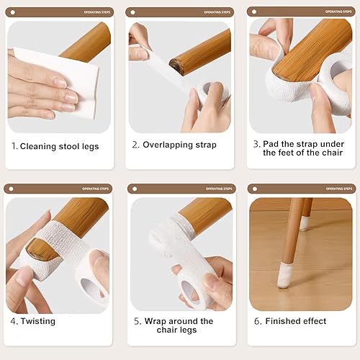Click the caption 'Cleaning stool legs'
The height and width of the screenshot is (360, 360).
[59, 146]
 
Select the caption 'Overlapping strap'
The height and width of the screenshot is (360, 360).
[179, 145]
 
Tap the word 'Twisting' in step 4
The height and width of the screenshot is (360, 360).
[37, 321]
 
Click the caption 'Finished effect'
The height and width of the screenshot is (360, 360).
[295, 321]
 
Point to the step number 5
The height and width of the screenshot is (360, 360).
[137, 321]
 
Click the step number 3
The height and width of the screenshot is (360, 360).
[256, 143]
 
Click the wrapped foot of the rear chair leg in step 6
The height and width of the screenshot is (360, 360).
[305, 224]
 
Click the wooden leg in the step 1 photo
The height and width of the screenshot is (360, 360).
[86, 40]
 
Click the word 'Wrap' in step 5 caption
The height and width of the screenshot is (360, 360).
[156, 321]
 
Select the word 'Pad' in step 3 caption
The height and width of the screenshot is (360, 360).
[271, 143]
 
